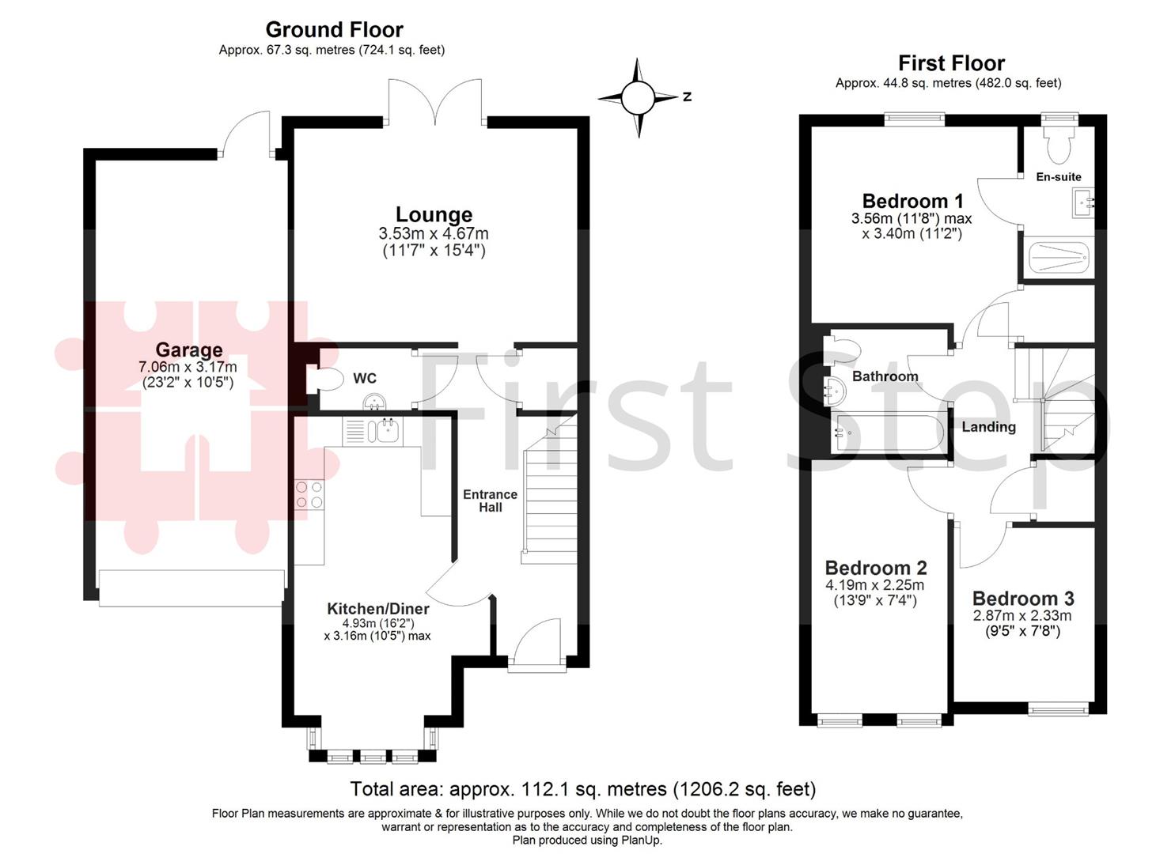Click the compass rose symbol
pos(638,97)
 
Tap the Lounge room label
pos(434,214)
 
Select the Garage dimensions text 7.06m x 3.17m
pos(188,367)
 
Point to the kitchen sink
pos(387,432)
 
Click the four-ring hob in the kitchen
pos(309,495)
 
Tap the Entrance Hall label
pos(490,501)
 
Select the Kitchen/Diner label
pos(377,608)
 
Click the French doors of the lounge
pos(434,103)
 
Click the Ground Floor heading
pos(334,30)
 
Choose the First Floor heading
pos(951,63)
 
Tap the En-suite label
pos(1058,177)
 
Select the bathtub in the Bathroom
pos(887,435)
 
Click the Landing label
pos(988,427)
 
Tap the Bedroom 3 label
pos(1023,599)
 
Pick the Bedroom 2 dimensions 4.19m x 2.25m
pos(874,585)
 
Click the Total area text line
pos(582,788)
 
